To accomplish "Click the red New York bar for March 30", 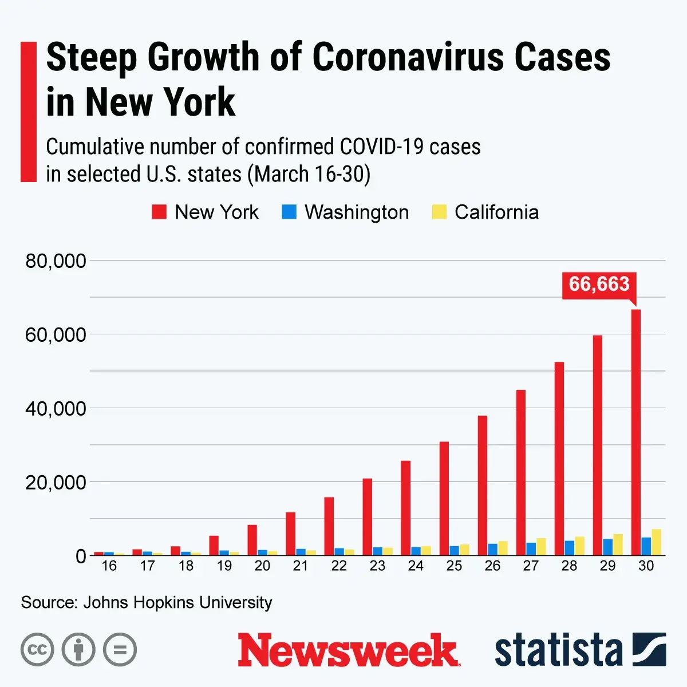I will [636, 432].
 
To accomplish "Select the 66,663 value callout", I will [599, 284].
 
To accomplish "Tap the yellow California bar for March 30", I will [656, 542].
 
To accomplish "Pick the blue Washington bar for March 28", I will [569, 548].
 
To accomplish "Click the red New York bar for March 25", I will [444, 498].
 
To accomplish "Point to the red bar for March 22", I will [329, 526].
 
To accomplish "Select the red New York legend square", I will [159, 212].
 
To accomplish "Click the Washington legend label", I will [357, 212].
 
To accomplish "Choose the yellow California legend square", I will [439, 212].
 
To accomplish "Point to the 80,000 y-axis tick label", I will [56, 261].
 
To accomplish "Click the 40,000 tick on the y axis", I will [56, 409].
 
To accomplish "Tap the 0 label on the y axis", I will [81, 556].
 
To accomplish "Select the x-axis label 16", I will [109, 566].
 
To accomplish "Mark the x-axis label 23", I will [377, 566].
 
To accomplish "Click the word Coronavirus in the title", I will [410, 57].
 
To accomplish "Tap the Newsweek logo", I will [348, 650].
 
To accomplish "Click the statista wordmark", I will [558, 650].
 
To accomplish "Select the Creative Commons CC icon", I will [37, 650].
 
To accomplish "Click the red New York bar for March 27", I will [521, 472].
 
